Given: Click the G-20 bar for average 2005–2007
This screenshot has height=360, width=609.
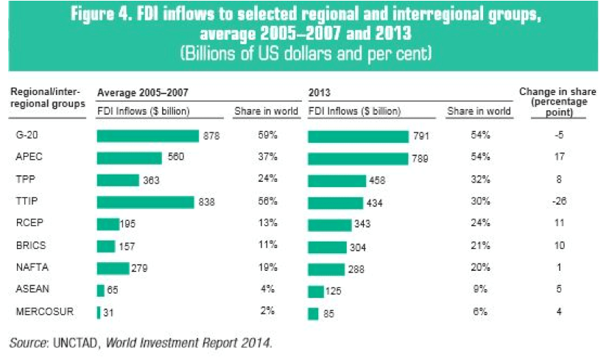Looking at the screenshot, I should (147, 136).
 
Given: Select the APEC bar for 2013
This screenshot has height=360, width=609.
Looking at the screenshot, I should (357, 158).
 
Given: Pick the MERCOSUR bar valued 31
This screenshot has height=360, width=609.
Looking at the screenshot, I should (99, 312).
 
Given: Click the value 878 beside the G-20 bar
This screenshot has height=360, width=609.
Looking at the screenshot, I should (211, 136).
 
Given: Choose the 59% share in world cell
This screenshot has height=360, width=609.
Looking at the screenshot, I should (266, 136).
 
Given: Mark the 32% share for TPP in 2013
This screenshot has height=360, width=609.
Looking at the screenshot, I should (480, 180).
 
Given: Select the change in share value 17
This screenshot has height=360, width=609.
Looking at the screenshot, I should (559, 158).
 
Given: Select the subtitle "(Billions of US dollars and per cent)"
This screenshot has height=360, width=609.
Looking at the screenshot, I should (305, 54).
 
